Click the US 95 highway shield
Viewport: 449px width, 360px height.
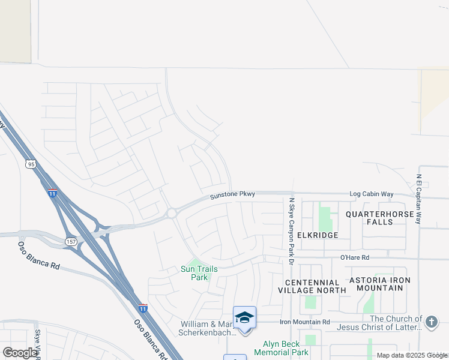[x=31, y=163]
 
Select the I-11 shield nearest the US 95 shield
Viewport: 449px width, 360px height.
[x=53, y=193]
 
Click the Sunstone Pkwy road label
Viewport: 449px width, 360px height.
[x=233, y=195]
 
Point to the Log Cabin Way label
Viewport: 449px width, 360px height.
[x=372, y=194]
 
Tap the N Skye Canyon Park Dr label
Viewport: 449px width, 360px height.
[x=291, y=231]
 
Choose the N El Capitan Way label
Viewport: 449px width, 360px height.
[x=419, y=199]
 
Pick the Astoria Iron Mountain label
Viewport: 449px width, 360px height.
[x=381, y=284]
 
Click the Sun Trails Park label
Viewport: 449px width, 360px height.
[x=200, y=273]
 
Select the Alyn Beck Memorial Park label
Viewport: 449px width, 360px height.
[x=286, y=348]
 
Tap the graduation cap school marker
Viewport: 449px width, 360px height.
[x=244, y=317]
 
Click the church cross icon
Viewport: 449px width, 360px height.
[x=431, y=322]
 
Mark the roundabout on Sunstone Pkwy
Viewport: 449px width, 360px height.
[x=172, y=213]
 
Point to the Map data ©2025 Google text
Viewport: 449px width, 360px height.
[x=412, y=355]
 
